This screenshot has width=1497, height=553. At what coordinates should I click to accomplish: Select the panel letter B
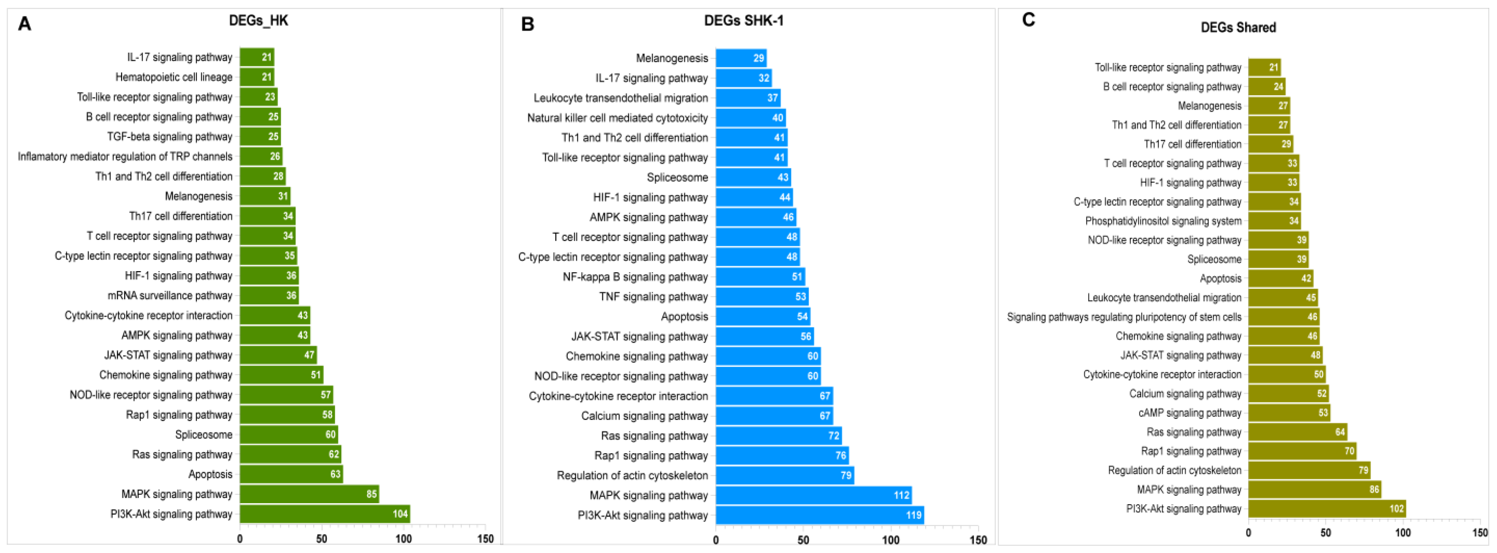(x=527, y=25)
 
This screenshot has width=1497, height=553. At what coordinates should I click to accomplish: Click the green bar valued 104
(x=324, y=514)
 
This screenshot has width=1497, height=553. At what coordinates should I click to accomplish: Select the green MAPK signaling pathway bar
(x=309, y=494)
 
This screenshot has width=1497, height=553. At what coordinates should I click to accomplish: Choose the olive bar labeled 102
(x=1327, y=509)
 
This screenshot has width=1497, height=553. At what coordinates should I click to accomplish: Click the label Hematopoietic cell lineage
(x=174, y=77)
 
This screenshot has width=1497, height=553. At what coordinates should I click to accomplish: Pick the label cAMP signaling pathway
(x=1190, y=413)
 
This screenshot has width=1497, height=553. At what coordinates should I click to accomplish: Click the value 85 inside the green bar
(x=371, y=494)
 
